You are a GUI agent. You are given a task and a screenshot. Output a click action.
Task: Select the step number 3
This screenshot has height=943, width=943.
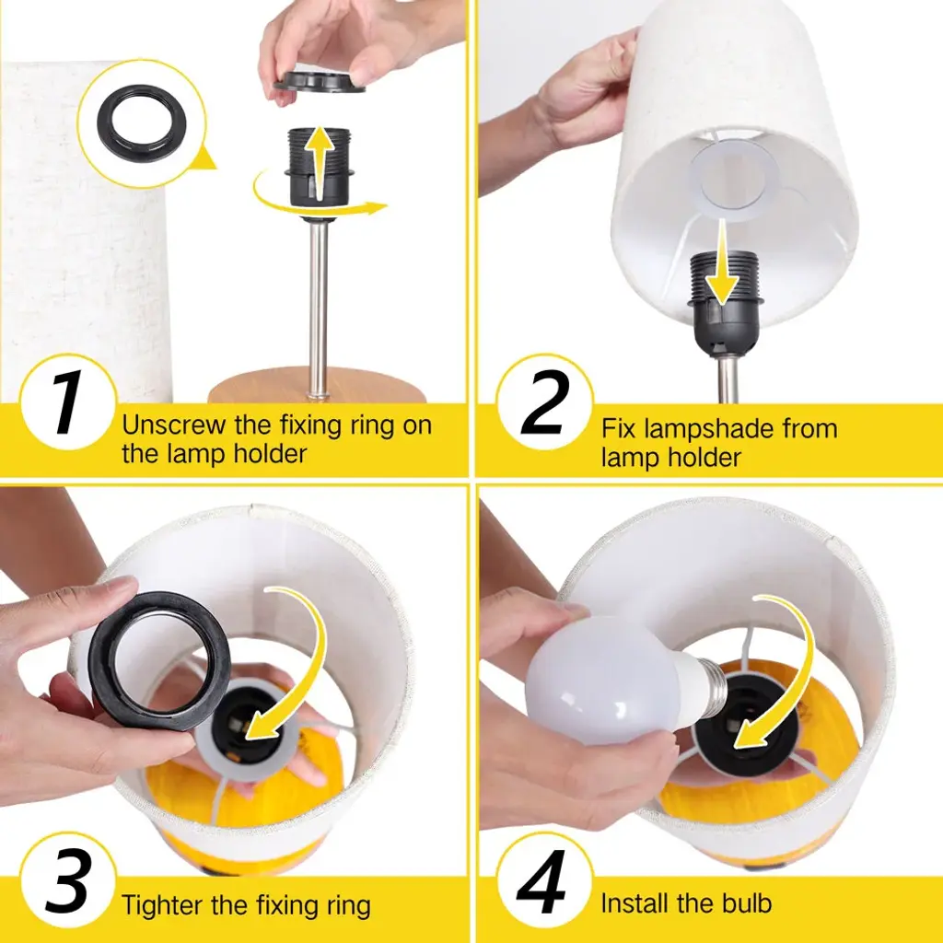tap(68, 881)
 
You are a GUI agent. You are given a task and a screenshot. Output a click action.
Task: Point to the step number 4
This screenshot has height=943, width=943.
tap(541, 881)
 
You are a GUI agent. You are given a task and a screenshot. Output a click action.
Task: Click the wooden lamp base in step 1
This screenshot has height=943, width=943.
tap(317, 386)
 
